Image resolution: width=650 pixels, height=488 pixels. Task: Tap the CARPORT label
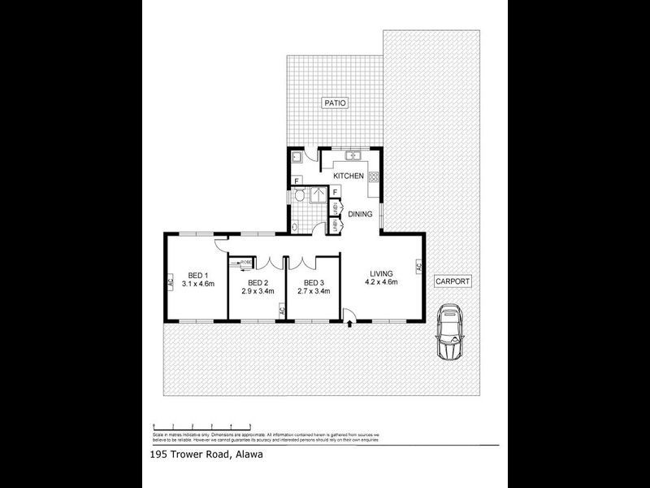[x=453, y=281]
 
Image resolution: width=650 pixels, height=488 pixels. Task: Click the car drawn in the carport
[x=449, y=332]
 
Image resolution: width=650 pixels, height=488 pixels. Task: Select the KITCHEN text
[x=348, y=176]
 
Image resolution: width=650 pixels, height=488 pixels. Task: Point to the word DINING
[x=360, y=215]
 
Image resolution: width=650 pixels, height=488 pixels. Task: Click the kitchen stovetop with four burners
[x=374, y=176]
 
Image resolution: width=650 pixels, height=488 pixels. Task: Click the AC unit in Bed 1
[x=171, y=283]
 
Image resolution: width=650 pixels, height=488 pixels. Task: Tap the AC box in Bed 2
[x=282, y=310]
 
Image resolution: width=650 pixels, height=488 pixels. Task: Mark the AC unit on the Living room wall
[x=419, y=266]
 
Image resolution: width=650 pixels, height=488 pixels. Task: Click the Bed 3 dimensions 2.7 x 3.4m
[x=314, y=290]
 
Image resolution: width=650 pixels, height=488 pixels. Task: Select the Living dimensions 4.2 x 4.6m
[x=382, y=282]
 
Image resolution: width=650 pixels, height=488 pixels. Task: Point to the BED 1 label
[x=198, y=274]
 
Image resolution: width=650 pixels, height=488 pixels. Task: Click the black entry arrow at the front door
[x=349, y=325]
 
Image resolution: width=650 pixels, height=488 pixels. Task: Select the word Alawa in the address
[x=249, y=455]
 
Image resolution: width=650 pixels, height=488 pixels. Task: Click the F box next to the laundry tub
[x=297, y=180]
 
